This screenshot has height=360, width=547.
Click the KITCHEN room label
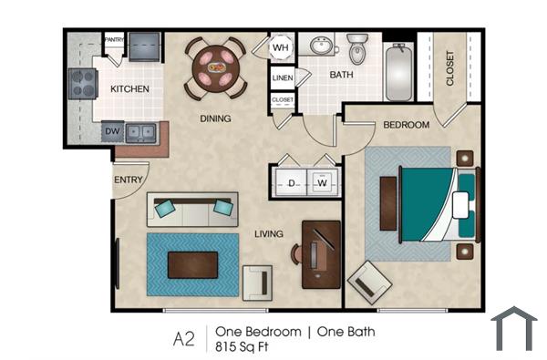click(129, 89)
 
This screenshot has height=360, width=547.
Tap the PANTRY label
click(114, 39)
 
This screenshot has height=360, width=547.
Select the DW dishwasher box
click(112, 131)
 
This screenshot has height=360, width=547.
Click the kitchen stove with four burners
click(83, 84)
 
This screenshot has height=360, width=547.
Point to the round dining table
click(216, 65)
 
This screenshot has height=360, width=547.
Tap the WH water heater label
click(281, 46)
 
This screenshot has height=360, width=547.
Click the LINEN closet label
click(283, 78)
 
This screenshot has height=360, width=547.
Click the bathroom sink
click(320, 46)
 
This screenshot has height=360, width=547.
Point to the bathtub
click(399, 71)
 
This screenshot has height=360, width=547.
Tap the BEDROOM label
click(406, 125)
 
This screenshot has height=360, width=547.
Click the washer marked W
click(322, 183)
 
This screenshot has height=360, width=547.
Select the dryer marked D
click(291, 183)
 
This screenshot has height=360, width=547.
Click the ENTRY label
click(129, 180)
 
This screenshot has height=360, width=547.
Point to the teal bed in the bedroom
click(427, 201)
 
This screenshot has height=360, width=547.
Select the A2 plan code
click(185, 339)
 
